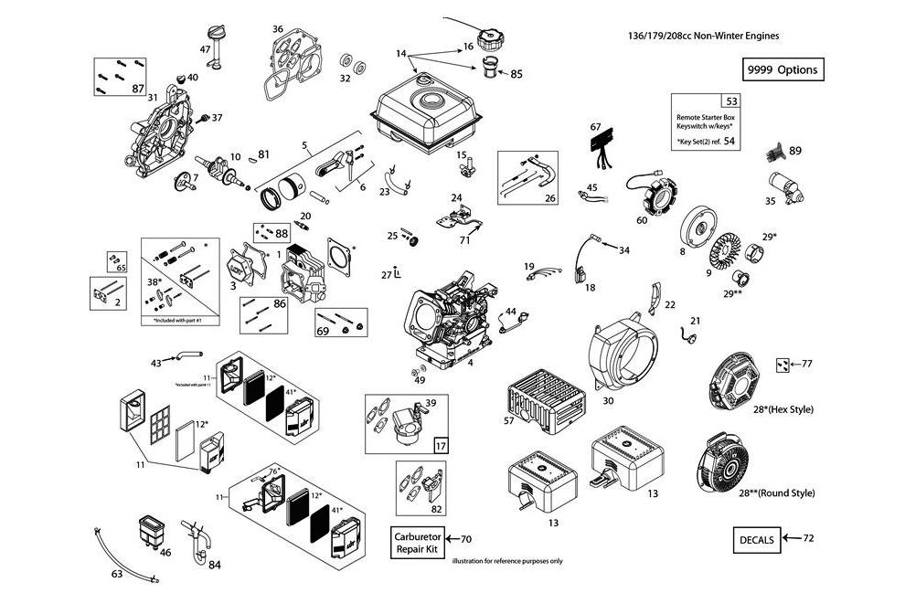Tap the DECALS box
(755, 539)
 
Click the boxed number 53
(729, 101)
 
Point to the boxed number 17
(440, 446)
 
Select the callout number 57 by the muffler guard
(509, 422)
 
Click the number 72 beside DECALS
(807, 539)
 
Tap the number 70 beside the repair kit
(464, 539)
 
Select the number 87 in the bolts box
(138, 89)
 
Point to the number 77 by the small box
(807, 364)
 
